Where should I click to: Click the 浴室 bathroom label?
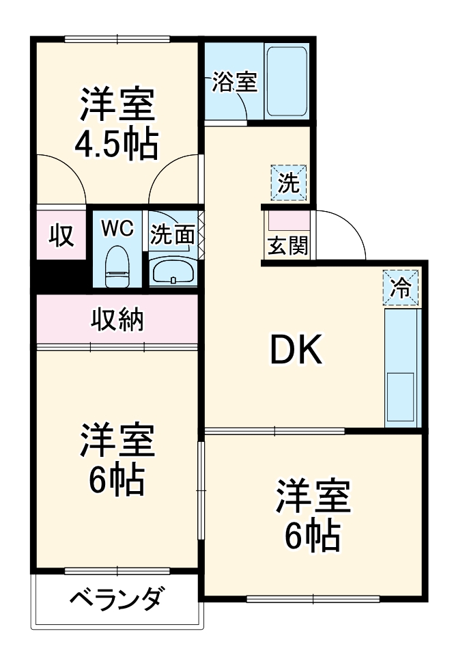(x=234, y=83)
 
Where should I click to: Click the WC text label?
(x=117, y=227)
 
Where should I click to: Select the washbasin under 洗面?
(x=172, y=273)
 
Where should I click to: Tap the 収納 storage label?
(x=117, y=319)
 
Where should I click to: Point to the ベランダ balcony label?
(x=117, y=600)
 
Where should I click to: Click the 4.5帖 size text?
(x=116, y=143)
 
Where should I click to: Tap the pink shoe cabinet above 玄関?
(x=287, y=221)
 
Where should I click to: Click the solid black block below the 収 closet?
(x=61, y=276)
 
